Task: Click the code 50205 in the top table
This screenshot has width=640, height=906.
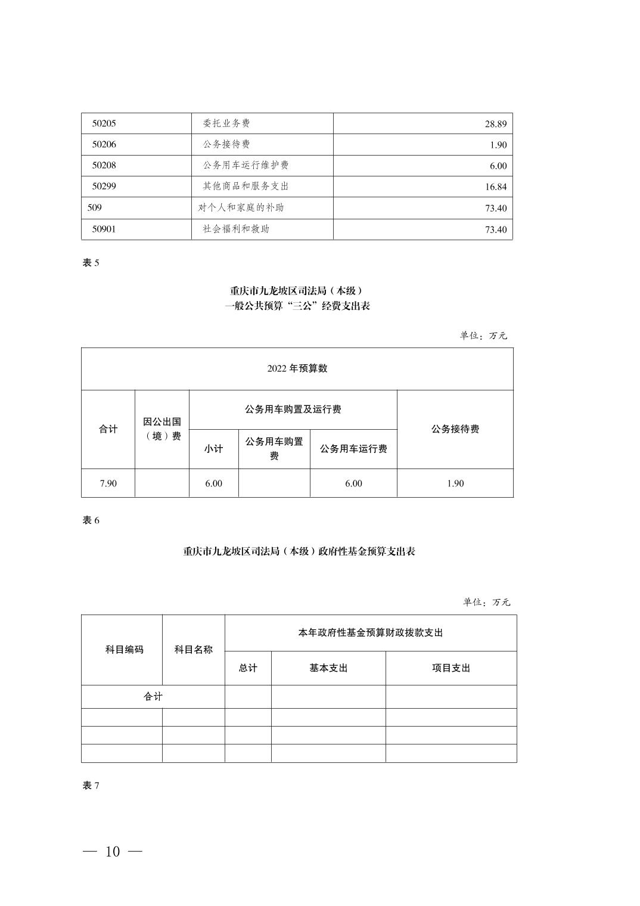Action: (104, 123)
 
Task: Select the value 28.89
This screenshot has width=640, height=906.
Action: (495, 124)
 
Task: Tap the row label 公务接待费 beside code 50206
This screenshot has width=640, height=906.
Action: (226, 144)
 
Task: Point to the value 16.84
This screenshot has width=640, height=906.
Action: (495, 187)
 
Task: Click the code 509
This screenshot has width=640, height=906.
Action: (94, 207)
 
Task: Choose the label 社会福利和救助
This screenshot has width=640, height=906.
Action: (236, 229)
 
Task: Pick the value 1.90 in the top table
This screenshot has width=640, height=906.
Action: (498, 145)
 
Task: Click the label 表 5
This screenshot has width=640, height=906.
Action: (91, 263)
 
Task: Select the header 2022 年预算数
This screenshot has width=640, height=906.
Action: (297, 368)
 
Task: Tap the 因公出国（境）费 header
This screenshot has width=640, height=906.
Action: (162, 429)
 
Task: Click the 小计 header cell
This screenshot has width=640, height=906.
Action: (213, 449)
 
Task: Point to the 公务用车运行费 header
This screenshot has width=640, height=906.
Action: (353, 449)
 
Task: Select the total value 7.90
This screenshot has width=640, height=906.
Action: (108, 483)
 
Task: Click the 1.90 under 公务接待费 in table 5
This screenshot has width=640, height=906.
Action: (455, 483)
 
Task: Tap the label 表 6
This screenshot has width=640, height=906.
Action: (91, 520)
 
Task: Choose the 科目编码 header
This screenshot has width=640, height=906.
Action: (124, 650)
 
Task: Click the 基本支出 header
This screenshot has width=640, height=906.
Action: (328, 668)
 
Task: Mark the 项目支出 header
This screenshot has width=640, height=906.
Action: (451, 668)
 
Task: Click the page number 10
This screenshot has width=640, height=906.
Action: (113, 852)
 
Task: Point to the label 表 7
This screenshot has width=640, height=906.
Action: (91, 786)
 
